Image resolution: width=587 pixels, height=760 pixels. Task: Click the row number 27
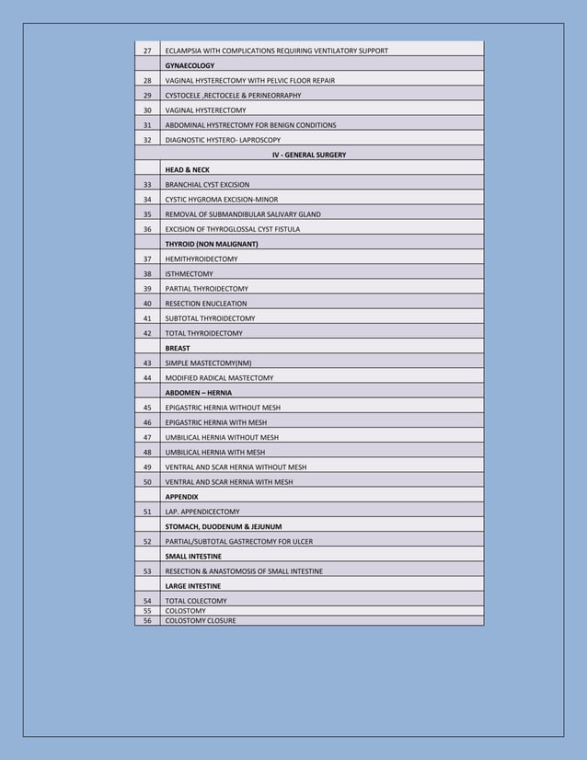click(x=147, y=51)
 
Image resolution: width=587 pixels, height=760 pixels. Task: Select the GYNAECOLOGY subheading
click(x=190, y=65)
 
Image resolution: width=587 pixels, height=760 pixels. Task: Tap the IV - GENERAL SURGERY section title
click(x=309, y=155)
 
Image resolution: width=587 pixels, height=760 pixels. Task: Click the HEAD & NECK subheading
click(x=187, y=170)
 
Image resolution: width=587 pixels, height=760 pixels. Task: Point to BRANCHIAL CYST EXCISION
click(x=207, y=185)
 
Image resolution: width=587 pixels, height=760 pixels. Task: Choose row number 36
click(x=147, y=229)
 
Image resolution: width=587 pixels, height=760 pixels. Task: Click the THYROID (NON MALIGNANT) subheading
click(x=211, y=244)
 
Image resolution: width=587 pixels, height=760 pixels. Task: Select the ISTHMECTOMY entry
click(x=189, y=274)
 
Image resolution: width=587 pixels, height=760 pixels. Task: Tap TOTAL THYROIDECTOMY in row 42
click(x=203, y=333)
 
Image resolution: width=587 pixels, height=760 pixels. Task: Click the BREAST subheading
click(x=178, y=349)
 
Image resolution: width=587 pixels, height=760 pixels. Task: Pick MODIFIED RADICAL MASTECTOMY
click(x=219, y=378)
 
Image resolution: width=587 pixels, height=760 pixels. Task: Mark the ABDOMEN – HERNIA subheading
click(x=198, y=393)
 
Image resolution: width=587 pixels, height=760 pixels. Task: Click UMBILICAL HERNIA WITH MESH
click(x=214, y=453)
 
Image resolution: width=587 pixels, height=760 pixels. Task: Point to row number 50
click(x=147, y=482)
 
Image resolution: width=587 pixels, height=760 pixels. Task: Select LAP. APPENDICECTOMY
click(x=201, y=512)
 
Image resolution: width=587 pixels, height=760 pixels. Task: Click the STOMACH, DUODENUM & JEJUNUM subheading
click(x=224, y=526)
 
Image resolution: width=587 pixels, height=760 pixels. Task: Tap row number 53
click(x=147, y=571)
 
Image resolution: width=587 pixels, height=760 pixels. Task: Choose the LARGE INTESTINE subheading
click(x=192, y=586)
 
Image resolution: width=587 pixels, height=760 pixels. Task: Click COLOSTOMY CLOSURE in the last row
click(x=200, y=621)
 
